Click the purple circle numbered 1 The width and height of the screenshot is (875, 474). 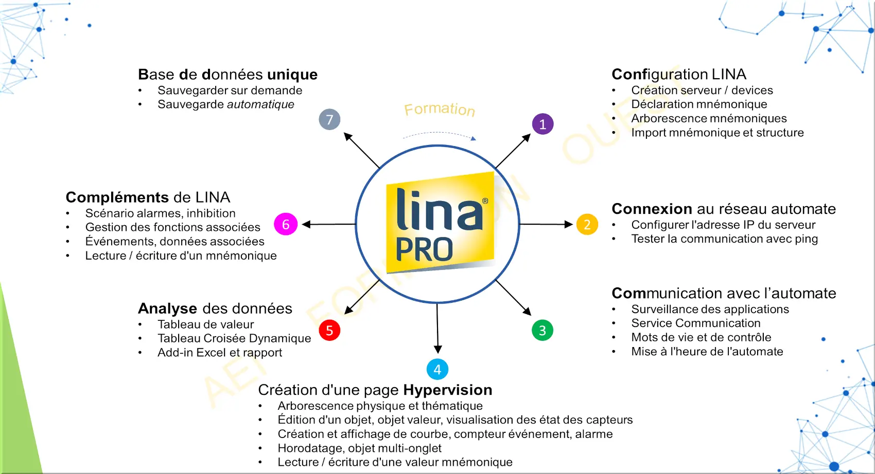(542, 124)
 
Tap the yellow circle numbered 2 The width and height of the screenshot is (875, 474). (587, 224)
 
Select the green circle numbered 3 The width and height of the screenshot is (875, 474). (542, 330)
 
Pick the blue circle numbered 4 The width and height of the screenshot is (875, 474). (437, 369)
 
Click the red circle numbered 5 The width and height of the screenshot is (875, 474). (329, 330)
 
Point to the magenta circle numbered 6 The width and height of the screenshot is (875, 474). (286, 224)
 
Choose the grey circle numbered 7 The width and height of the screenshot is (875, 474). (329, 119)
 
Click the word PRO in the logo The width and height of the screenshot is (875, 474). (424, 250)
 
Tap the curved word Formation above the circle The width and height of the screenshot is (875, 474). (439, 109)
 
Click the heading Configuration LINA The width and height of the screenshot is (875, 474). (678, 75)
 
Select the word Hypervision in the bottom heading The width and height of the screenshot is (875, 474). (447, 390)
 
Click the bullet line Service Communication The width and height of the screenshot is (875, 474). (695, 323)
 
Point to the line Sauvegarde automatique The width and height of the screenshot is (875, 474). (225, 104)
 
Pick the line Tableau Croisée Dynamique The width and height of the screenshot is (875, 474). (234, 338)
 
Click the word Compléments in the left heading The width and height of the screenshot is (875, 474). (117, 197)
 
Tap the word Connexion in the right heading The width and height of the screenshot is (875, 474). (652, 209)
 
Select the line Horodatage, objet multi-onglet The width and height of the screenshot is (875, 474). (359, 448)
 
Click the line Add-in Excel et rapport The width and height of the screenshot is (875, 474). (220, 353)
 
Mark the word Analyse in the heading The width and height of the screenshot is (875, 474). (167, 308)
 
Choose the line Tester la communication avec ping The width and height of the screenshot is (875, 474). (724, 239)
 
